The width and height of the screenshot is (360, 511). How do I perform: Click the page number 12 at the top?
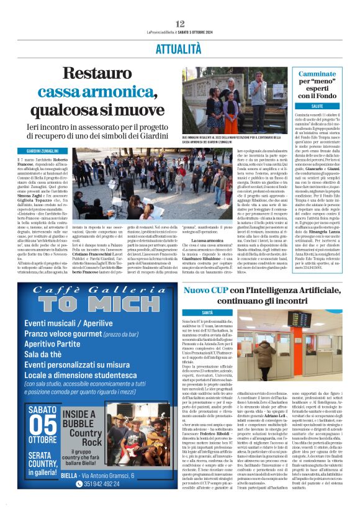[x=180, y=24]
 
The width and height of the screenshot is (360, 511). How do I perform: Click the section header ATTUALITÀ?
[x=179, y=47]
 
